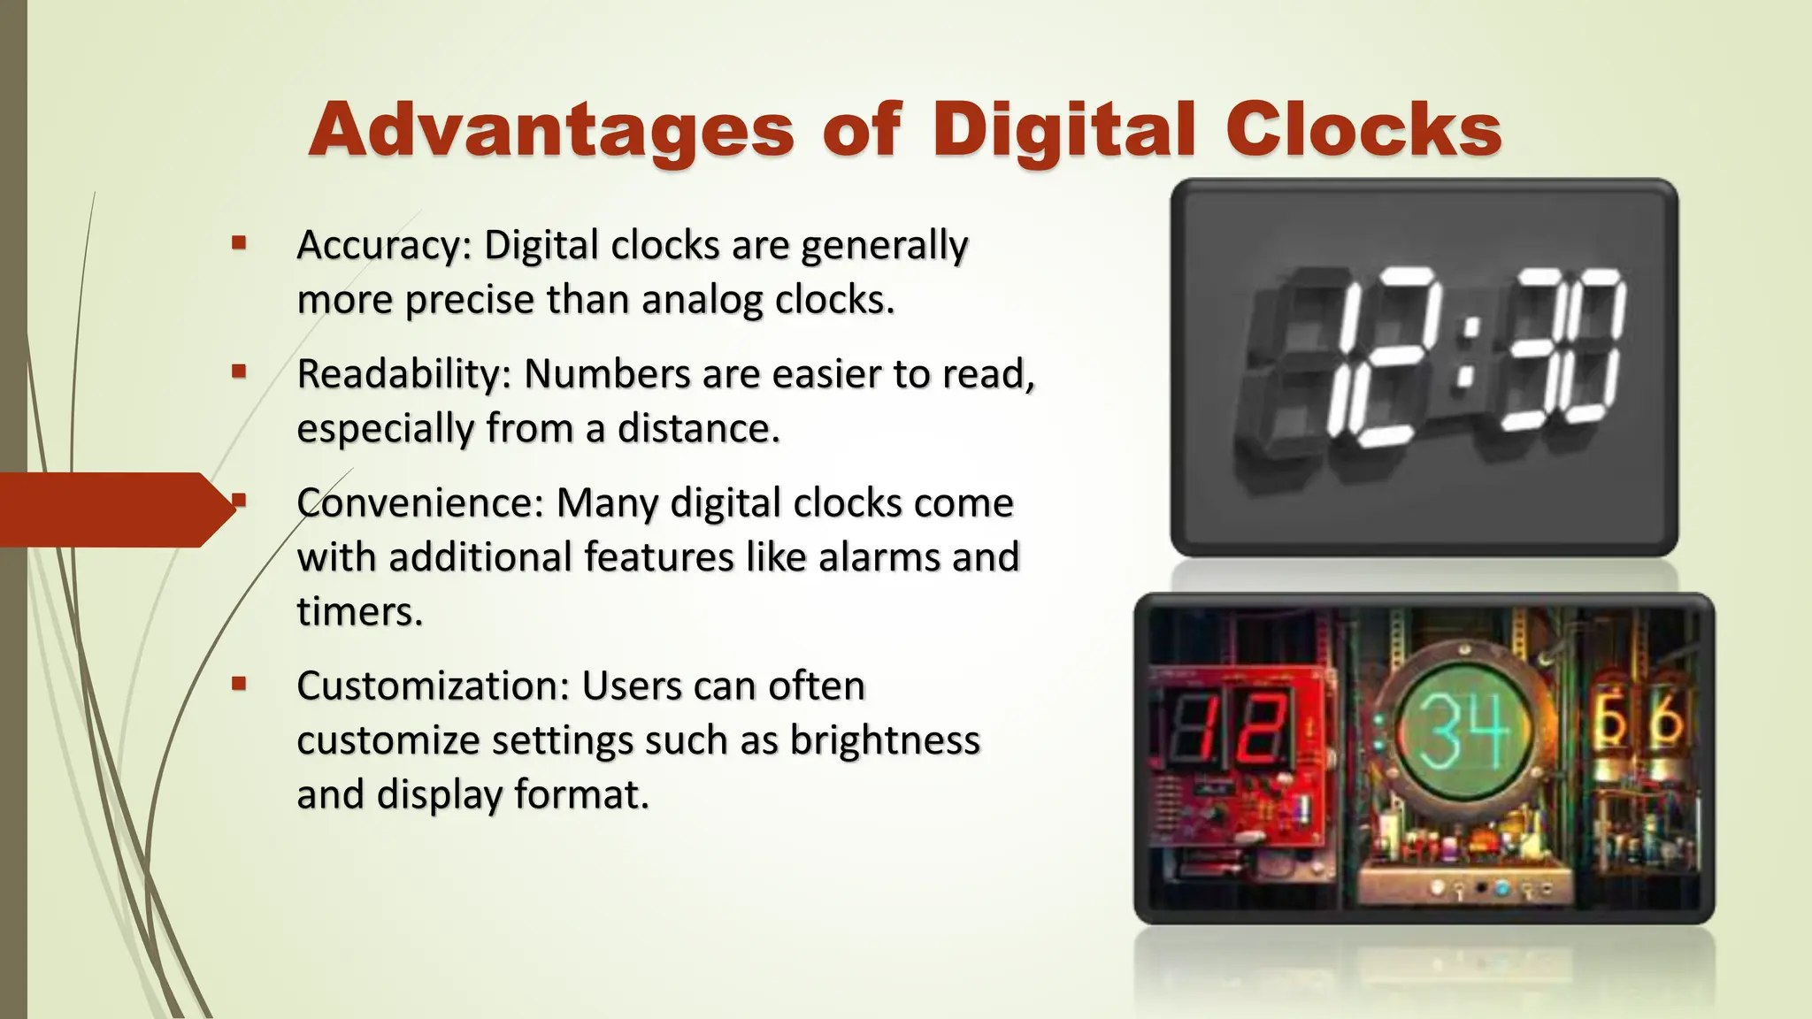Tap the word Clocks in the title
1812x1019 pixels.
click(x=1363, y=130)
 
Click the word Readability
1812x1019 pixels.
click(x=399, y=374)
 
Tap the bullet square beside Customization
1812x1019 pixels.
click(x=238, y=683)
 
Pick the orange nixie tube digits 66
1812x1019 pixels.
click(x=1639, y=720)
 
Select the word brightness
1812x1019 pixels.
click(x=884, y=740)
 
